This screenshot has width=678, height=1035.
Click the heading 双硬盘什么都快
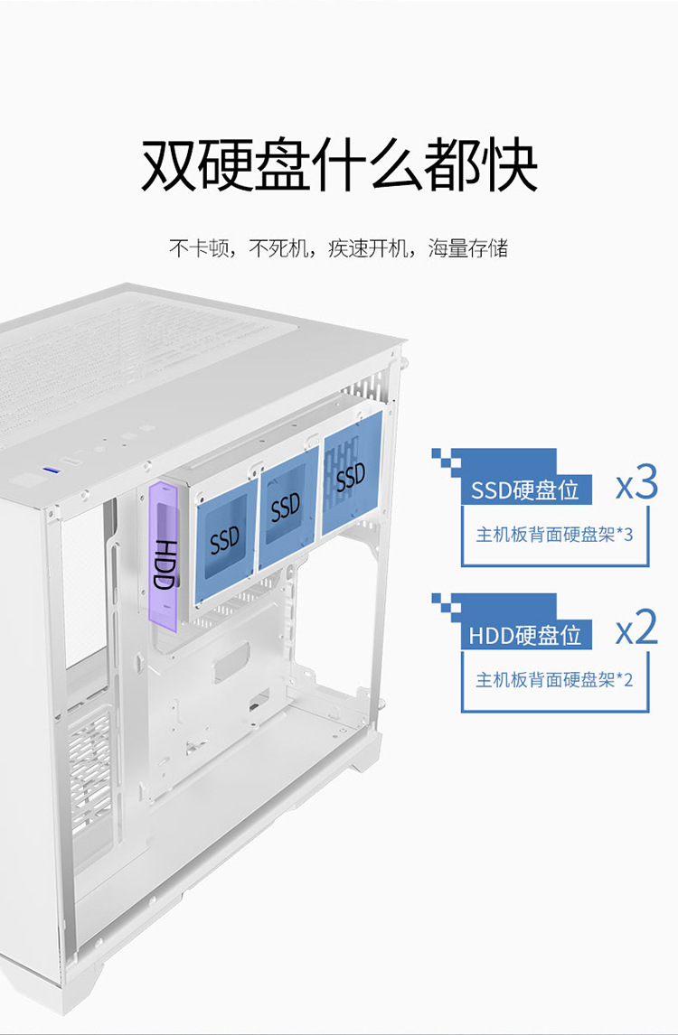click(339, 164)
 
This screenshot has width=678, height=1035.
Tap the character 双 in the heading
click(170, 164)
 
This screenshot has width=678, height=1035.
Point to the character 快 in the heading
click(509, 164)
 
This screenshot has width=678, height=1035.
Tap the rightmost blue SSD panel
click(351, 476)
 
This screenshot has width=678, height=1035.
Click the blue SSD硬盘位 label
click(525, 490)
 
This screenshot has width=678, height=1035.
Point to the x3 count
click(636, 486)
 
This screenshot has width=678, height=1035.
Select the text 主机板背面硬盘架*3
click(554, 535)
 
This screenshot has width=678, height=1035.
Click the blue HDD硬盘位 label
click(524, 635)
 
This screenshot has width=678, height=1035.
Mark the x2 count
click(636, 629)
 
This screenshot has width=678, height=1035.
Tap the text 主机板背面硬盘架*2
click(554, 679)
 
